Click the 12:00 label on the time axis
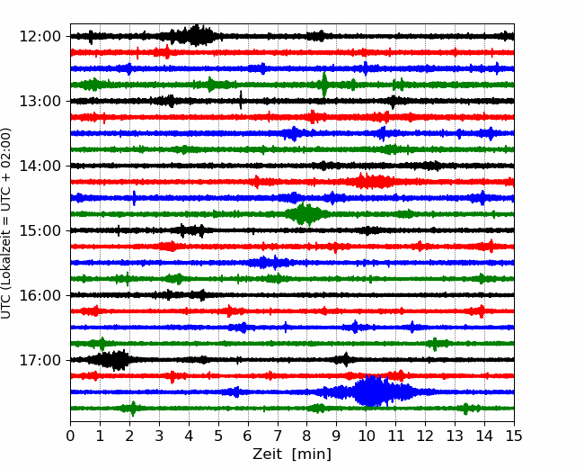(40, 37)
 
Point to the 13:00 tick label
(40, 101)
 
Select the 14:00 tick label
(40, 166)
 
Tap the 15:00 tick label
(40, 230)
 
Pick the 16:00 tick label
(40, 295)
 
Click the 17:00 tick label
(40, 360)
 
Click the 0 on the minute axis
(70, 436)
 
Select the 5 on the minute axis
(218, 436)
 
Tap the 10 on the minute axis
(367, 436)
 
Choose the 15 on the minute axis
(514, 436)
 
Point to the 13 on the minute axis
(455, 436)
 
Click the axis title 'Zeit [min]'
(292, 454)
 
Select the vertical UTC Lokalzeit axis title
(6, 223)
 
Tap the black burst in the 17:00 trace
(111, 360)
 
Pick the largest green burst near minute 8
(306, 214)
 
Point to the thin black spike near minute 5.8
(241, 100)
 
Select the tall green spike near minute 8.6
(324, 85)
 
